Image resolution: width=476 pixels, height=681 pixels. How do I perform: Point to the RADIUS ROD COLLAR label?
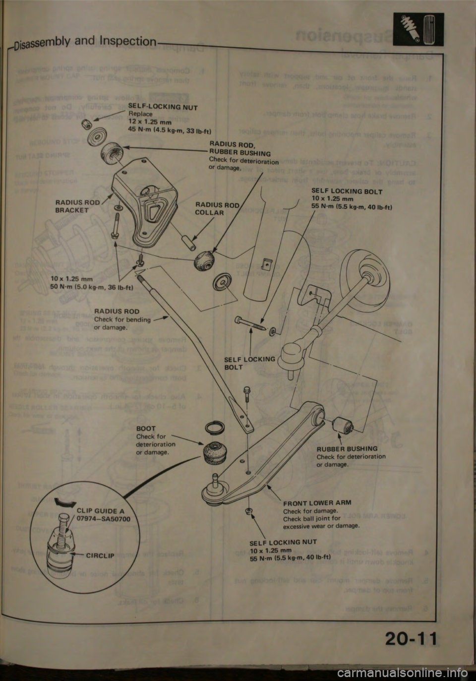pos(218,209)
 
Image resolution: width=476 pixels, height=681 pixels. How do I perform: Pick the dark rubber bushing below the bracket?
pos(205,261)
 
